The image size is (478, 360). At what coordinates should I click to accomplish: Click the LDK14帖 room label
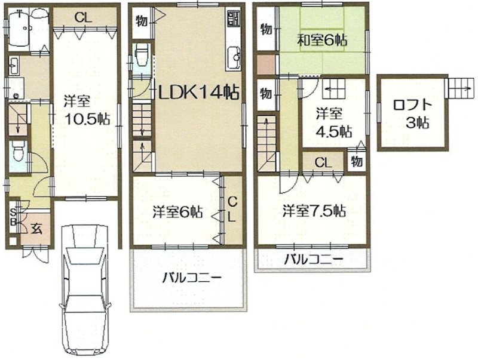coord(198,93)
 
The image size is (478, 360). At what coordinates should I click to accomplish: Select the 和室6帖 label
coord(323,41)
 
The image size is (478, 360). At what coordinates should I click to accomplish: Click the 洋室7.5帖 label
coord(314,211)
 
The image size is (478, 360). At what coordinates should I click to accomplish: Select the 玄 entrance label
coord(36,227)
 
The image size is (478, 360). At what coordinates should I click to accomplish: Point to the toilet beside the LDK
coord(141,59)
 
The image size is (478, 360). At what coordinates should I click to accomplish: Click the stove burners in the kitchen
coord(232,20)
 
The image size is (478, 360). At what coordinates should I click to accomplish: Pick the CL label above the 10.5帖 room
coord(83,18)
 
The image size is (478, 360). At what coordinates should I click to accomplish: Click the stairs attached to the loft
coord(460,88)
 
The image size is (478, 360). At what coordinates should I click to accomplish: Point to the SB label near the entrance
coord(13,214)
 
